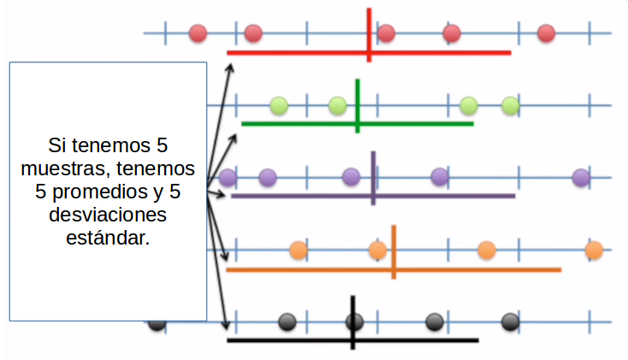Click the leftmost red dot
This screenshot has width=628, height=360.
point(198,33)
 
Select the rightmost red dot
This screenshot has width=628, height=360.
point(546,33)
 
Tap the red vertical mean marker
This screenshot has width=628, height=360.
point(369,21)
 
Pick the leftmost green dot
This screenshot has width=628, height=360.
point(279,106)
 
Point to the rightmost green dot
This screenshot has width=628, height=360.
point(511,106)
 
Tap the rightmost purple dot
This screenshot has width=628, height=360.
point(581,178)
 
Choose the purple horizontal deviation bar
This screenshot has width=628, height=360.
point(445,196)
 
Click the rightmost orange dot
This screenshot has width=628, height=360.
point(594,251)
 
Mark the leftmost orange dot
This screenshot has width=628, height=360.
point(298,251)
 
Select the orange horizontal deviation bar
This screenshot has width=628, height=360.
point(479,269)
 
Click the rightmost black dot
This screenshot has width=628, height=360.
point(510,322)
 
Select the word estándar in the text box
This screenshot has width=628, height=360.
point(107,237)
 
